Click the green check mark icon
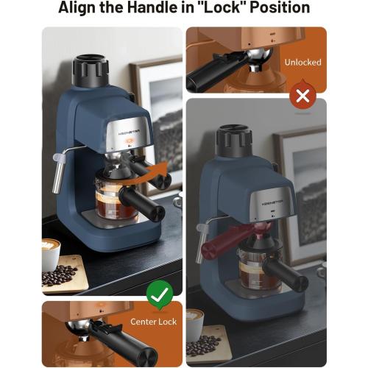pos(159,295)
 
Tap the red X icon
pos(302,96)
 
